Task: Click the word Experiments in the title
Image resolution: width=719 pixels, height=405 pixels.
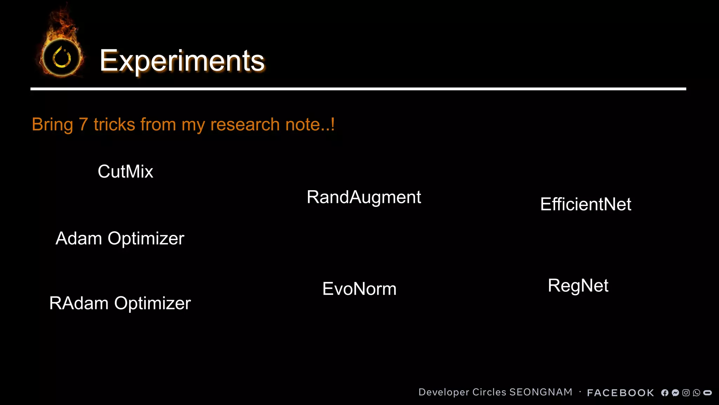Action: pyautogui.click(x=182, y=61)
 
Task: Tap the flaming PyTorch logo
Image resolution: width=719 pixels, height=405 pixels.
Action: pyautogui.click(x=62, y=56)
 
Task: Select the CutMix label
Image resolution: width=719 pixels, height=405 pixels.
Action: pyautogui.click(x=125, y=172)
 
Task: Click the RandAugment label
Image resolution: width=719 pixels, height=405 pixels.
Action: pyautogui.click(x=364, y=197)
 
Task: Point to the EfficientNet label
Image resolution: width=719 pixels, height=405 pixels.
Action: pyautogui.click(x=586, y=204)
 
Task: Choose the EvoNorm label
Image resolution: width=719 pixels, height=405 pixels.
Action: pyautogui.click(x=359, y=289)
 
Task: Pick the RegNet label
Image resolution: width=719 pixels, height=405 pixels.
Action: pyautogui.click(x=578, y=285)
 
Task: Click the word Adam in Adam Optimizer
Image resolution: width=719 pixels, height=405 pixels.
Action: pyautogui.click(x=79, y=238)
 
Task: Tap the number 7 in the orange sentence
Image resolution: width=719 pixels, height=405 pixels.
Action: pyautogui.click(x=83, y=124)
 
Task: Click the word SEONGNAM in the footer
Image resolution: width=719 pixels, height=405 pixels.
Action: pyautogui.click(x=541, y=392)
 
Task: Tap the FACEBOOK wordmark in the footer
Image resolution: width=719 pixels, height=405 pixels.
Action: pyautogui.click(x=620, y=393)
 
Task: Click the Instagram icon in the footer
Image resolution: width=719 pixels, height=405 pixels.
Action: pyautogui.click(x=686, y=393)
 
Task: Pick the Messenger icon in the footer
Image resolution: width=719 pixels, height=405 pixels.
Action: pyautogui.click(x=675, y=393)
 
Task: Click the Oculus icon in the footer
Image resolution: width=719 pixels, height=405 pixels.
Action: pyautogui.click(x=708, y=393)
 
